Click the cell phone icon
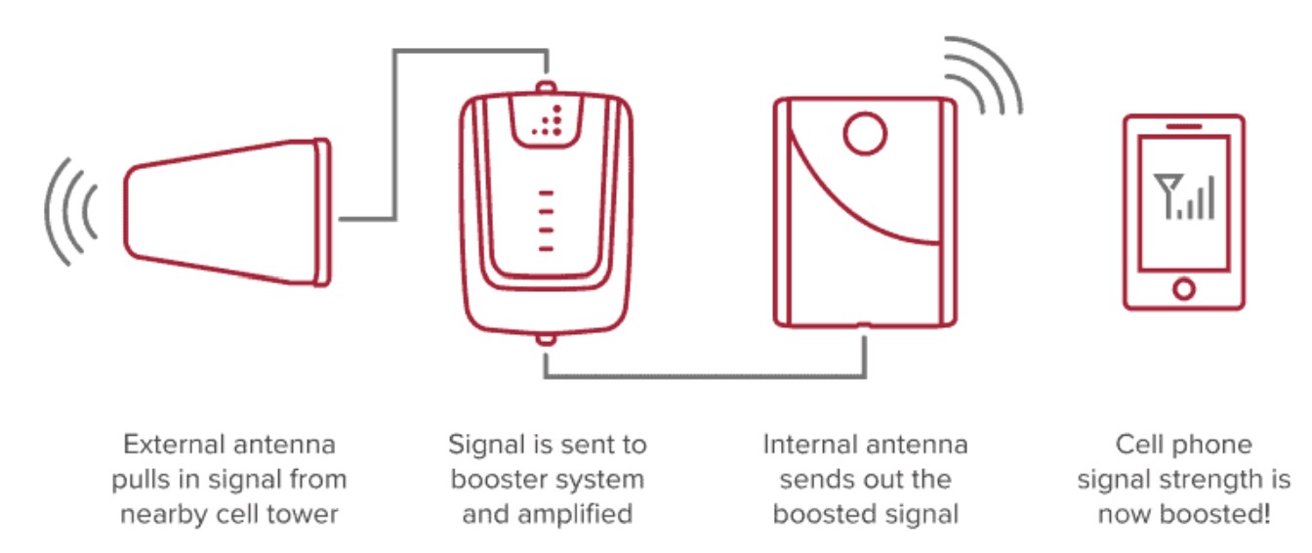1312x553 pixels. (1183, 212)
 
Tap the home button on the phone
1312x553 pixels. (1183, 288)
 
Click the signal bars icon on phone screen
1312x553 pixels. (1183, 195)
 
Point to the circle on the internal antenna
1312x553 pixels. (864, 135)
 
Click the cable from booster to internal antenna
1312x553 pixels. (703, 375)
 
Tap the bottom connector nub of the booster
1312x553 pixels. (546, 340)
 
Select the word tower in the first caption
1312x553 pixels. (307, 515)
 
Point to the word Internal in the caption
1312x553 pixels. (806, 446)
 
